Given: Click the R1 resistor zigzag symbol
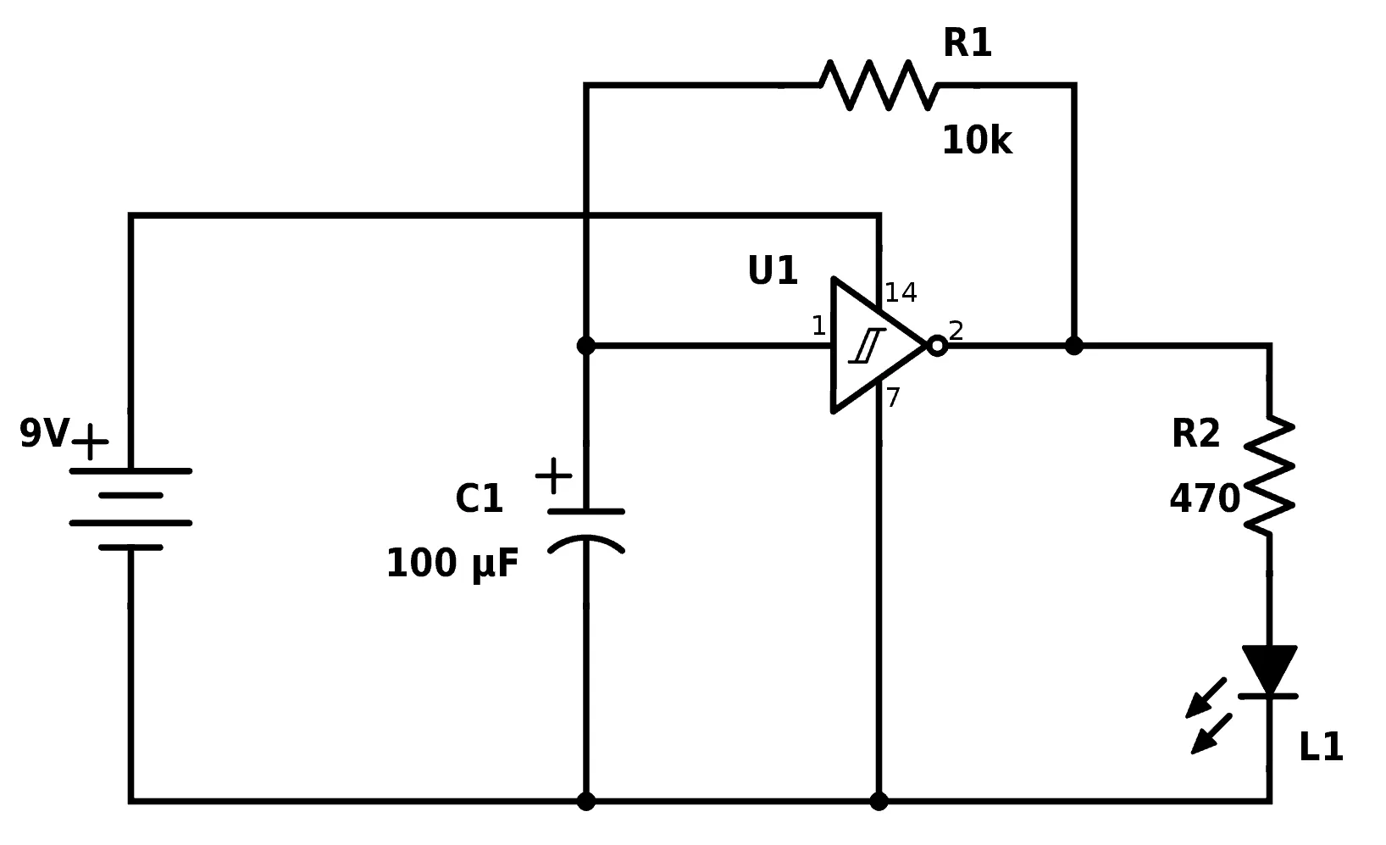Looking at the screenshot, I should [879, 85].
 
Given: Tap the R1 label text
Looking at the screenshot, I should [967, 42].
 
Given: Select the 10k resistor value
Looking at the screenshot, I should [976, 141].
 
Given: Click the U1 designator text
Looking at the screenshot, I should [772, 271].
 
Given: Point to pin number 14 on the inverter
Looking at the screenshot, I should [901, 293].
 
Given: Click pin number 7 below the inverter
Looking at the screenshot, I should [893, 397].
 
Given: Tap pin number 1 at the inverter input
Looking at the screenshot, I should [818, 326].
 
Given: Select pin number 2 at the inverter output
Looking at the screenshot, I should [956, 331].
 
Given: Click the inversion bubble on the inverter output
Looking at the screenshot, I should [936, 346].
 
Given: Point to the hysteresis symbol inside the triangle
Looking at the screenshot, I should [868, 346].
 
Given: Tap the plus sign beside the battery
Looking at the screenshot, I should [91, 442].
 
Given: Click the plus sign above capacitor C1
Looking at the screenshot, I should [554, 476].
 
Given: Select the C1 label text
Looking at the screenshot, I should [479, 499].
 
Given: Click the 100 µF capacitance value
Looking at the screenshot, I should [452, 564].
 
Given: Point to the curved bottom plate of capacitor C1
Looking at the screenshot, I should [586, 543].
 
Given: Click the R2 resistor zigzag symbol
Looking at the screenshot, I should [1269, 475].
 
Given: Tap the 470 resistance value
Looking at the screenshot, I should [1204, 499].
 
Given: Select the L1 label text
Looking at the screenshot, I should [1320, 748].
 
